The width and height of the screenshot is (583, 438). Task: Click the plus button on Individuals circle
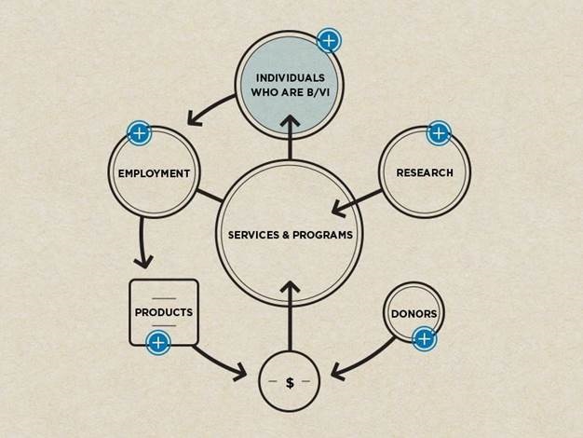329,41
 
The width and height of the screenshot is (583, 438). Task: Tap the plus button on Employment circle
139,133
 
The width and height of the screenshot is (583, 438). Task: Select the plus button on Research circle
438,133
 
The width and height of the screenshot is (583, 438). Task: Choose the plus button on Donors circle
424,338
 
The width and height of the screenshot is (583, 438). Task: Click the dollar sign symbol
290,383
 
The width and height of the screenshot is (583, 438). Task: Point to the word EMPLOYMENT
154,173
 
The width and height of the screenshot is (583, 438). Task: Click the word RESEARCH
425,172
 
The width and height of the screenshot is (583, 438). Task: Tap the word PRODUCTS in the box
163,312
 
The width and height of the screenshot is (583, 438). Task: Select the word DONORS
414,313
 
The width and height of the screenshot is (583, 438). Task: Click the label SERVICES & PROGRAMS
291,235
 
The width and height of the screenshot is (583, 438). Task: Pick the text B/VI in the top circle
314,93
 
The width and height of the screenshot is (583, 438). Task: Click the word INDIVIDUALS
290,75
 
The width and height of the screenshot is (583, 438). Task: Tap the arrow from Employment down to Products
142,242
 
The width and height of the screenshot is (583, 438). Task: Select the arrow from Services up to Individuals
290,140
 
